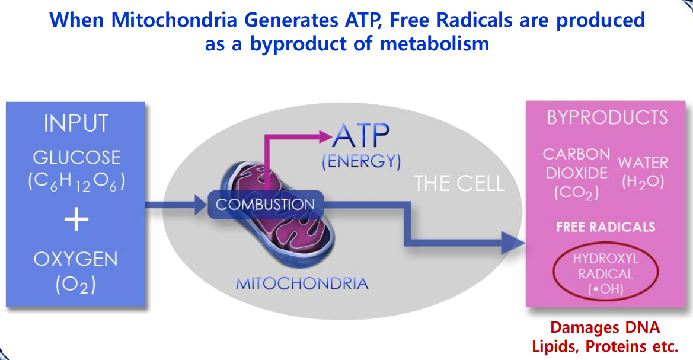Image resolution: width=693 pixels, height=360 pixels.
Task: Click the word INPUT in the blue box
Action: pos(76,123)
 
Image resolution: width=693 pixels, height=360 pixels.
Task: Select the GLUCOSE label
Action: pos(76,157)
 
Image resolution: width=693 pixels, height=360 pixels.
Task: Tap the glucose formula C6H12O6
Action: pos(76,182)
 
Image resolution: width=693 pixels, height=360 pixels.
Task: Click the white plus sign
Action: pos(76,220)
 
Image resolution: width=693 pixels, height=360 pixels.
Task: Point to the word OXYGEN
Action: pos(76,259)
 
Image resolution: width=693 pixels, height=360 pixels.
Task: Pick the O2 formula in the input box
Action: pos(76,285)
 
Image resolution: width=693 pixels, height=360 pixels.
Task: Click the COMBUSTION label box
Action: pos(265,205)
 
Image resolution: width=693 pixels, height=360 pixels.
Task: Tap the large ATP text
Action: pos(361,138)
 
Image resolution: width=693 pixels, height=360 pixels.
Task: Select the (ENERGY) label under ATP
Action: pos(361,162)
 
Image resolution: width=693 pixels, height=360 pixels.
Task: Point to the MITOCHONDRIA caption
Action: pos(302,283)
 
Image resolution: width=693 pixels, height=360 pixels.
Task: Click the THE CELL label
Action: pos(459,183)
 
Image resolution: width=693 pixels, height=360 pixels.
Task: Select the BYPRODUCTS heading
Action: pos(607,117)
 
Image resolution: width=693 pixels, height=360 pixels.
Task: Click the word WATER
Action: pos(643,163)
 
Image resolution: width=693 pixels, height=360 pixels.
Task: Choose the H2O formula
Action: pos(643,183)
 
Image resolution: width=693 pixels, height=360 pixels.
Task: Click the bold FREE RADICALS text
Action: pos(605,227)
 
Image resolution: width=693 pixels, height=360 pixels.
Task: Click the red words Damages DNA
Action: pos(605,327)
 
